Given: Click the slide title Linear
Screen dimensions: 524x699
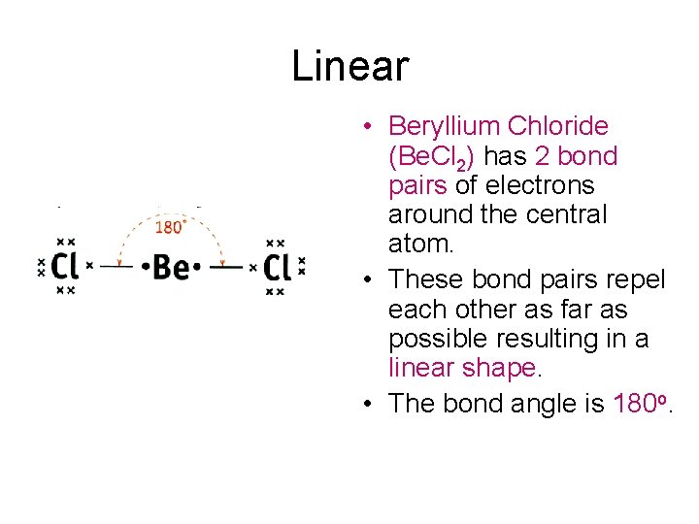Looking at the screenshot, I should click(349, 67).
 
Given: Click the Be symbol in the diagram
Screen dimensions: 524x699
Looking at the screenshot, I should click(171, 265).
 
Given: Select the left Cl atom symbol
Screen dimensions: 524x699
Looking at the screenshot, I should click(65, 265).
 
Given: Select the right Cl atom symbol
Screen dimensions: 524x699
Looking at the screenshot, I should click(277, 265).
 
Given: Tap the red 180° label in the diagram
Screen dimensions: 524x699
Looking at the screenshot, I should click(171, 228).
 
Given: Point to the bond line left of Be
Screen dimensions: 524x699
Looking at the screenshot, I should click(117, 264).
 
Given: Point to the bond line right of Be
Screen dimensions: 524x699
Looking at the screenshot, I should click(226, 264).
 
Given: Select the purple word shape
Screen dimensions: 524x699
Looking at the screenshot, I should click(502, 369).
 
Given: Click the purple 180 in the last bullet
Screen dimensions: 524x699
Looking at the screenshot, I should click(635, 403).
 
